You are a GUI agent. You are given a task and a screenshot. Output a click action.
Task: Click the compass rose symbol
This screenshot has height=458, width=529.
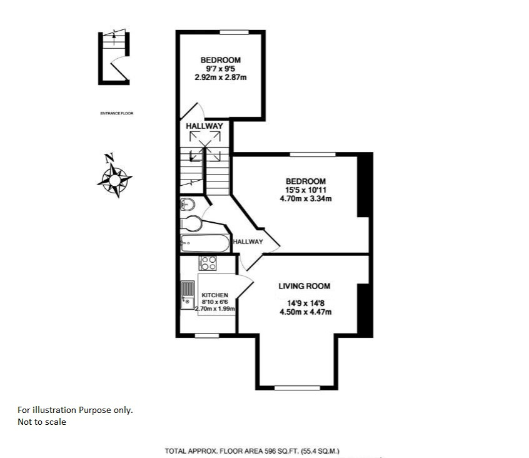point(114,180)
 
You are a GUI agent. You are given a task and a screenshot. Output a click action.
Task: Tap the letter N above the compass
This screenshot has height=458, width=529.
point(109,157)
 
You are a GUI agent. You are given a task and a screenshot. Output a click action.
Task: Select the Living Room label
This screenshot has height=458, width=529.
point(305,286)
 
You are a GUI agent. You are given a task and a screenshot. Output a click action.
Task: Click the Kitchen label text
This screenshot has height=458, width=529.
point(215,295)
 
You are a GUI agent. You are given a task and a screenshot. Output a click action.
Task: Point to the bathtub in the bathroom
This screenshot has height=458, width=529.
point(205,243)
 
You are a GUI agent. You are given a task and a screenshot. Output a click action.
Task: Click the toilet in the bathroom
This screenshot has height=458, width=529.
point(191,223)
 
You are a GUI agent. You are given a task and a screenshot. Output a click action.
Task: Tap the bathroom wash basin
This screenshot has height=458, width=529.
point(188,204)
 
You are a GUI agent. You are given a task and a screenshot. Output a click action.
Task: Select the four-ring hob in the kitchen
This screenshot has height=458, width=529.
point(208,263)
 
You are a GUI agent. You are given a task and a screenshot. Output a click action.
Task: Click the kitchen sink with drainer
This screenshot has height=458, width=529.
point(188,295)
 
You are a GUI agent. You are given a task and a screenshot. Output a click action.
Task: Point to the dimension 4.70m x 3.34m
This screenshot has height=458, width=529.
point(306,198)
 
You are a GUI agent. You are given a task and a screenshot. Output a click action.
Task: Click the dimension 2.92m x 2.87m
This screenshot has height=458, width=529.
point(221,78)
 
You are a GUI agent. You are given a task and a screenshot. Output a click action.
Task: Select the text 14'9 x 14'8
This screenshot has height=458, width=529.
point(306,303)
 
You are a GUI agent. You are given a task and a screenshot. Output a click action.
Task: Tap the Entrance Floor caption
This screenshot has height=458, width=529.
point(117,113)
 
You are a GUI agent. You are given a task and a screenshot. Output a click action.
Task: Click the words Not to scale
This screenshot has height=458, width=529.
point(42,422)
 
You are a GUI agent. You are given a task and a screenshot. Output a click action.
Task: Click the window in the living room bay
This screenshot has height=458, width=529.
point(297,388)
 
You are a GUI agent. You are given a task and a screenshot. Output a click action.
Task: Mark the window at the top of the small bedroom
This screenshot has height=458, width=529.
point(234,33)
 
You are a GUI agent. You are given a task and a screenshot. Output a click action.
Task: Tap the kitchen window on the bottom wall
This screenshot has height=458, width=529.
point(207,335)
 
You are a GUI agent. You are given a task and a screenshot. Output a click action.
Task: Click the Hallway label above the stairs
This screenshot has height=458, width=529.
point(204,126)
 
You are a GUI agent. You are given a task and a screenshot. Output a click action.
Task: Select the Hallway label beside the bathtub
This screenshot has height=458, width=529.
point(248,242)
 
